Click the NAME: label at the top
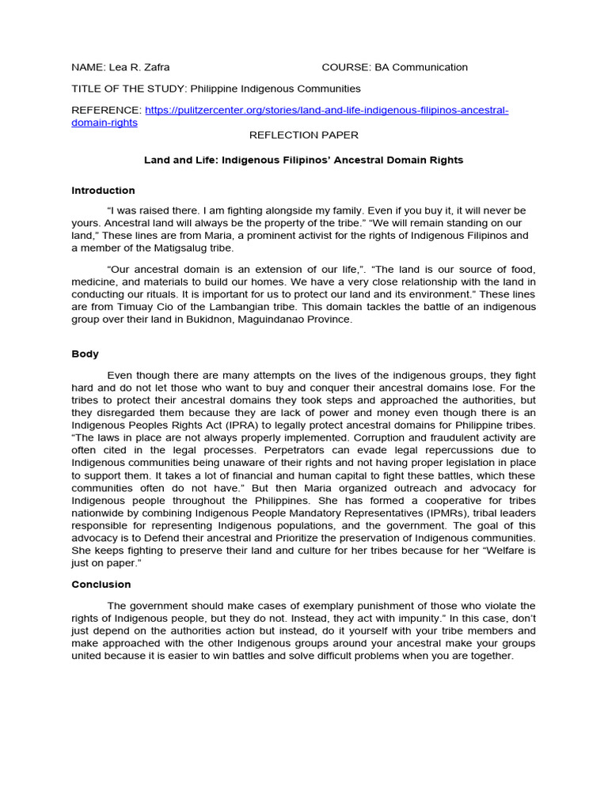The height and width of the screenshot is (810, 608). point(88,67)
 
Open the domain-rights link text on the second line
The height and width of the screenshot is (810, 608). point(104,123)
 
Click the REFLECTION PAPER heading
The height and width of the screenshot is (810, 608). point(303,135)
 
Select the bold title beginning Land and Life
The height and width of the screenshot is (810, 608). point(303,160)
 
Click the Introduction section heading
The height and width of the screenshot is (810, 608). point(103,191)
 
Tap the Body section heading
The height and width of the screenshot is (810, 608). point(85,354)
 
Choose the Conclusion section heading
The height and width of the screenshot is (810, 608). point(101,585)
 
